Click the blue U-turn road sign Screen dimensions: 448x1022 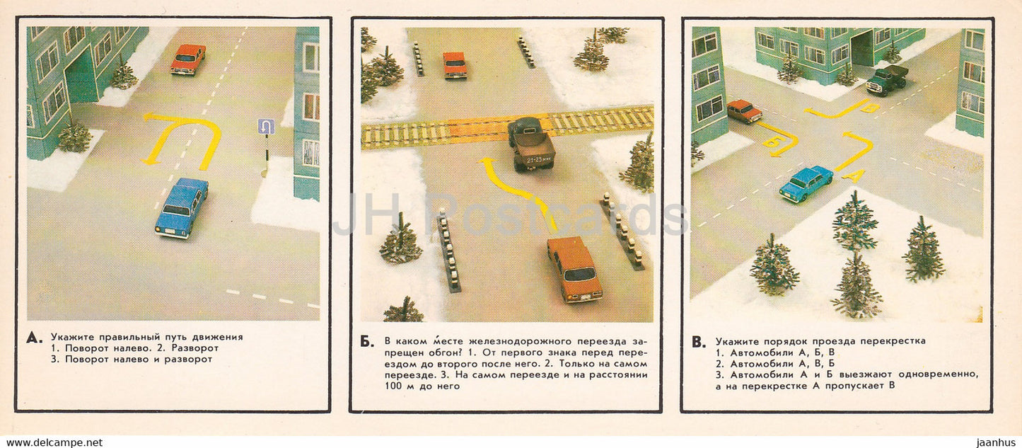tap(266, 127)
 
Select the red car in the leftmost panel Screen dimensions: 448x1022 tap(187, 59)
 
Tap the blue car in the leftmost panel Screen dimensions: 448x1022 tap(182, 207)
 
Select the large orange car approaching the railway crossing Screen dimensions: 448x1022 tap(574, 269)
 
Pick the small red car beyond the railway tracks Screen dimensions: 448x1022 tap(455, 64)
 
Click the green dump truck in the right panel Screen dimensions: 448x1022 tap(887, 79)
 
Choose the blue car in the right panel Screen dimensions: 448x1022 tap(806, 184)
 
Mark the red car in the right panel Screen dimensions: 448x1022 tap(744, 110)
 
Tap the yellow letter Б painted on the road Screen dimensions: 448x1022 tap(770, 142)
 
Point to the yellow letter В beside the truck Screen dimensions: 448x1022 tap(870, 108)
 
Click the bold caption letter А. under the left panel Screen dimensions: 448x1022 tap(33, 338)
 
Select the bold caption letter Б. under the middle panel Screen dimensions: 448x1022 tap(367, 342)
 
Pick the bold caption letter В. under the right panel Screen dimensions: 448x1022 tap(698, 342)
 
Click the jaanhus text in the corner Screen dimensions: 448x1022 tap(994, 442)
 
